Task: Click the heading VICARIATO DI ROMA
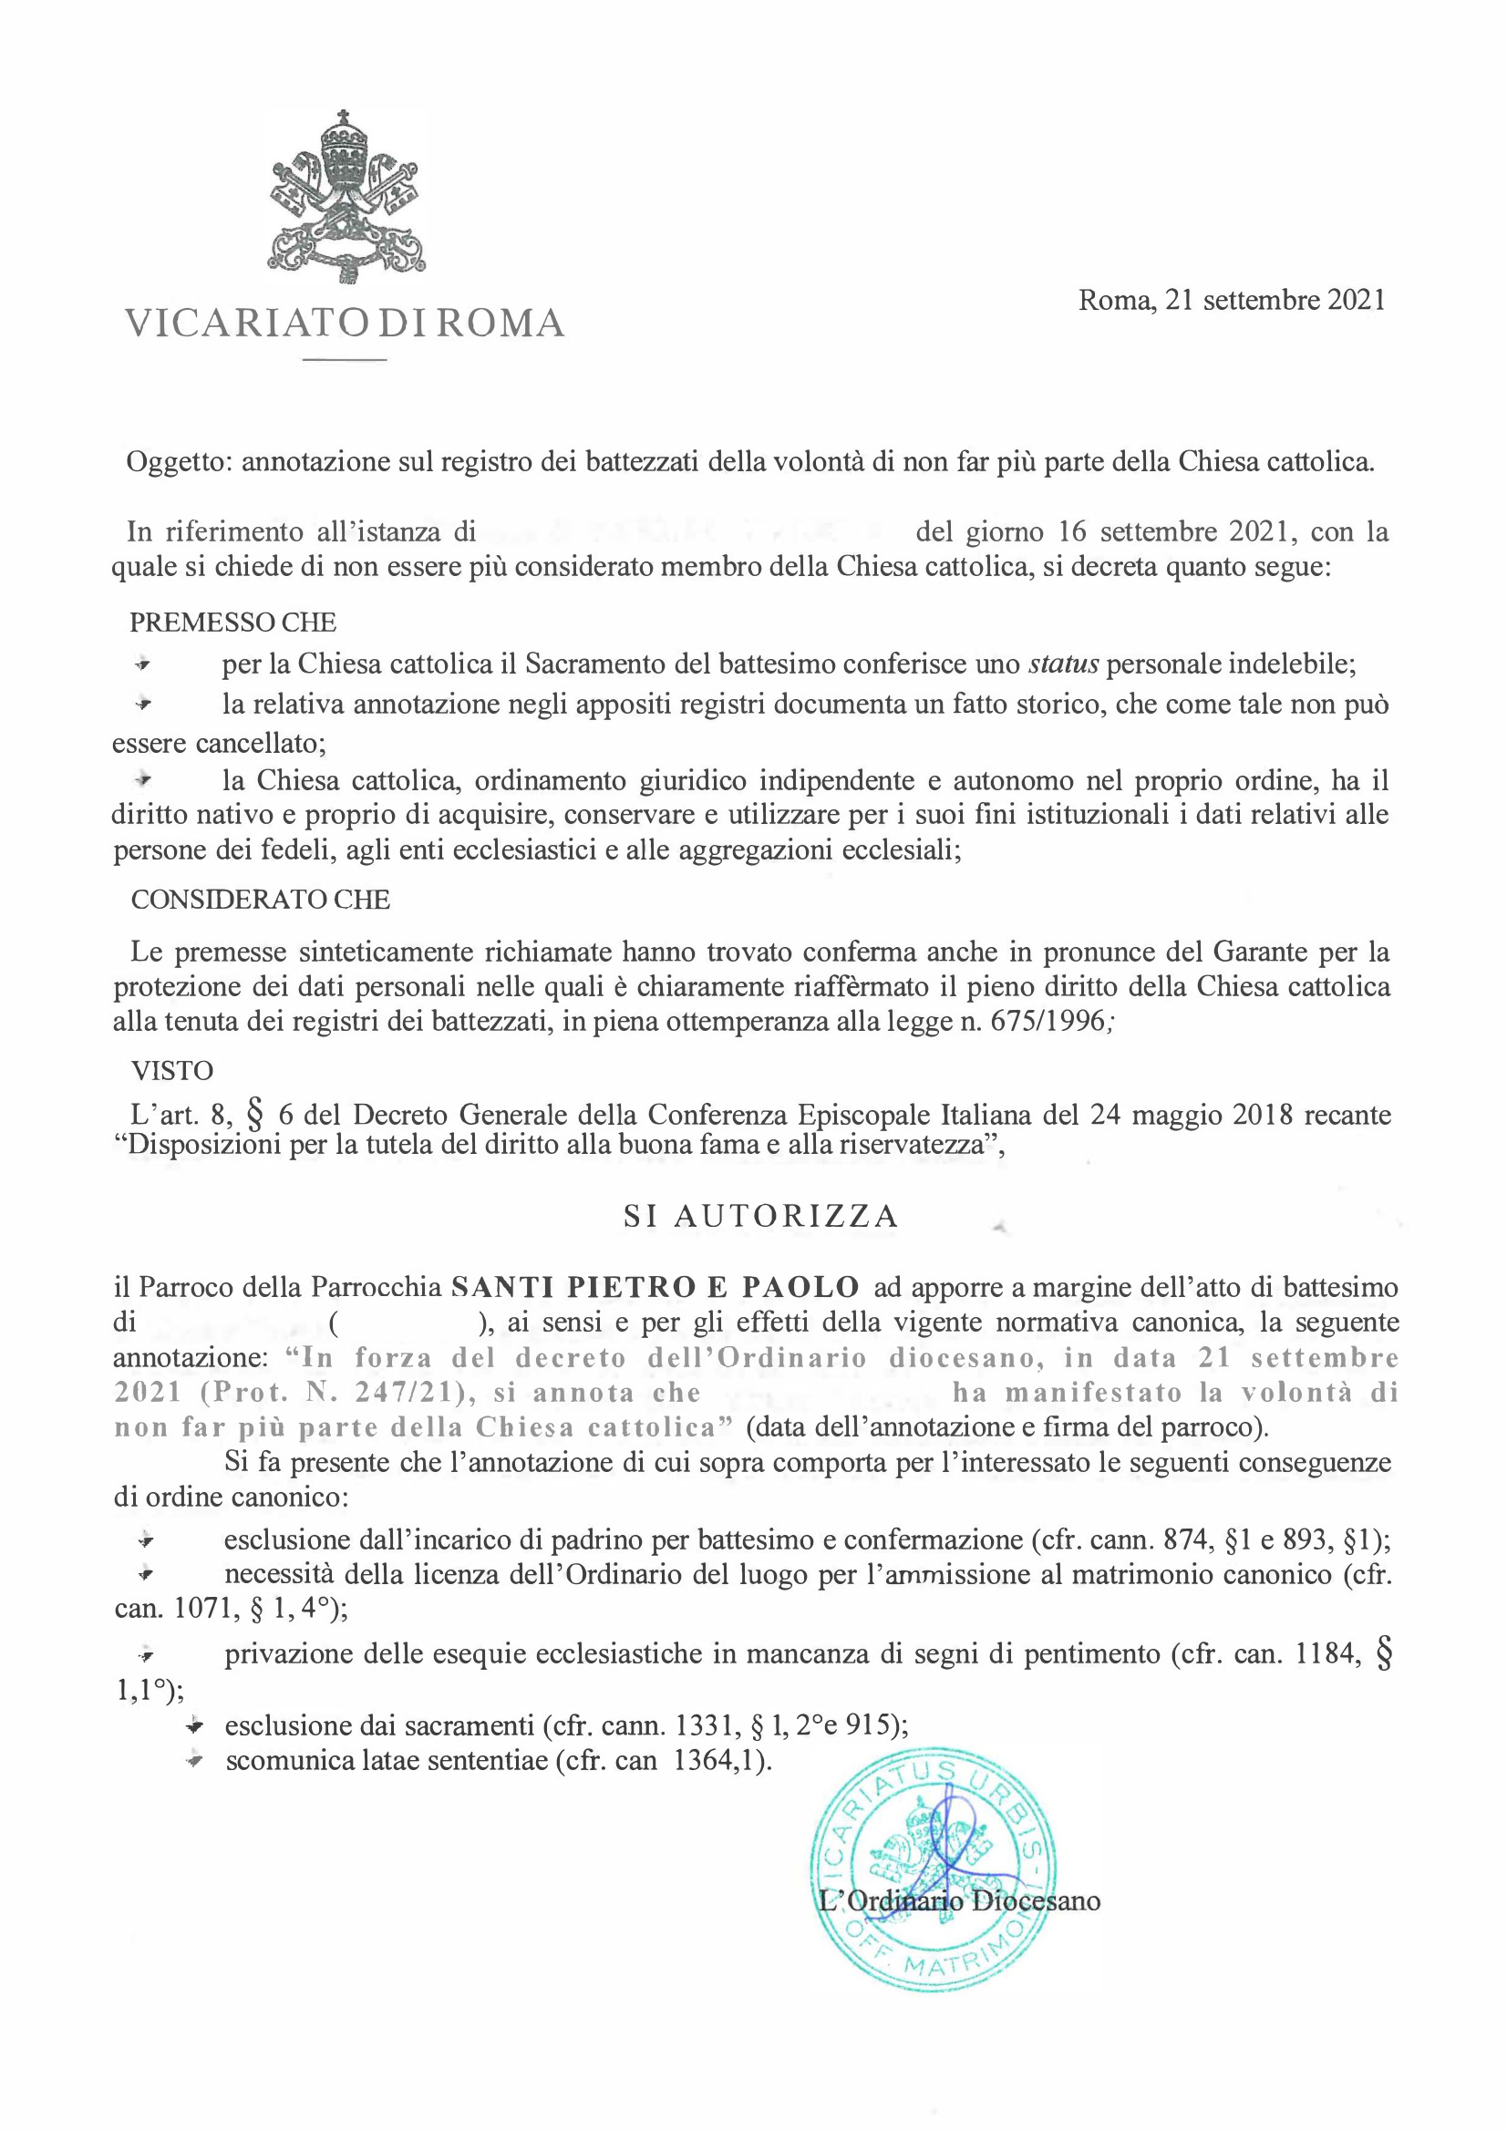tap(345, 323)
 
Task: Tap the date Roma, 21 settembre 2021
tap(1232, 300)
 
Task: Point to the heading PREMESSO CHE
tap(233, 621)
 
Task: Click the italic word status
tap(1064, 664)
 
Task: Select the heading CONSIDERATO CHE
tap(260, 900)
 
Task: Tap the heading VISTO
tap(171, 1070)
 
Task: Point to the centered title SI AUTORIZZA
tap(760, 1217)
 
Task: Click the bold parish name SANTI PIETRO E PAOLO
tap(655, 1287)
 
